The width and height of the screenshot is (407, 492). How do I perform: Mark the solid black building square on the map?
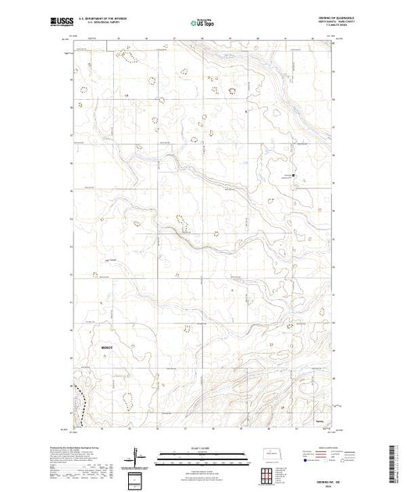click(294, 175)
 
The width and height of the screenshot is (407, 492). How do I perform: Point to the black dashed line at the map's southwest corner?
click(79, 403)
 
